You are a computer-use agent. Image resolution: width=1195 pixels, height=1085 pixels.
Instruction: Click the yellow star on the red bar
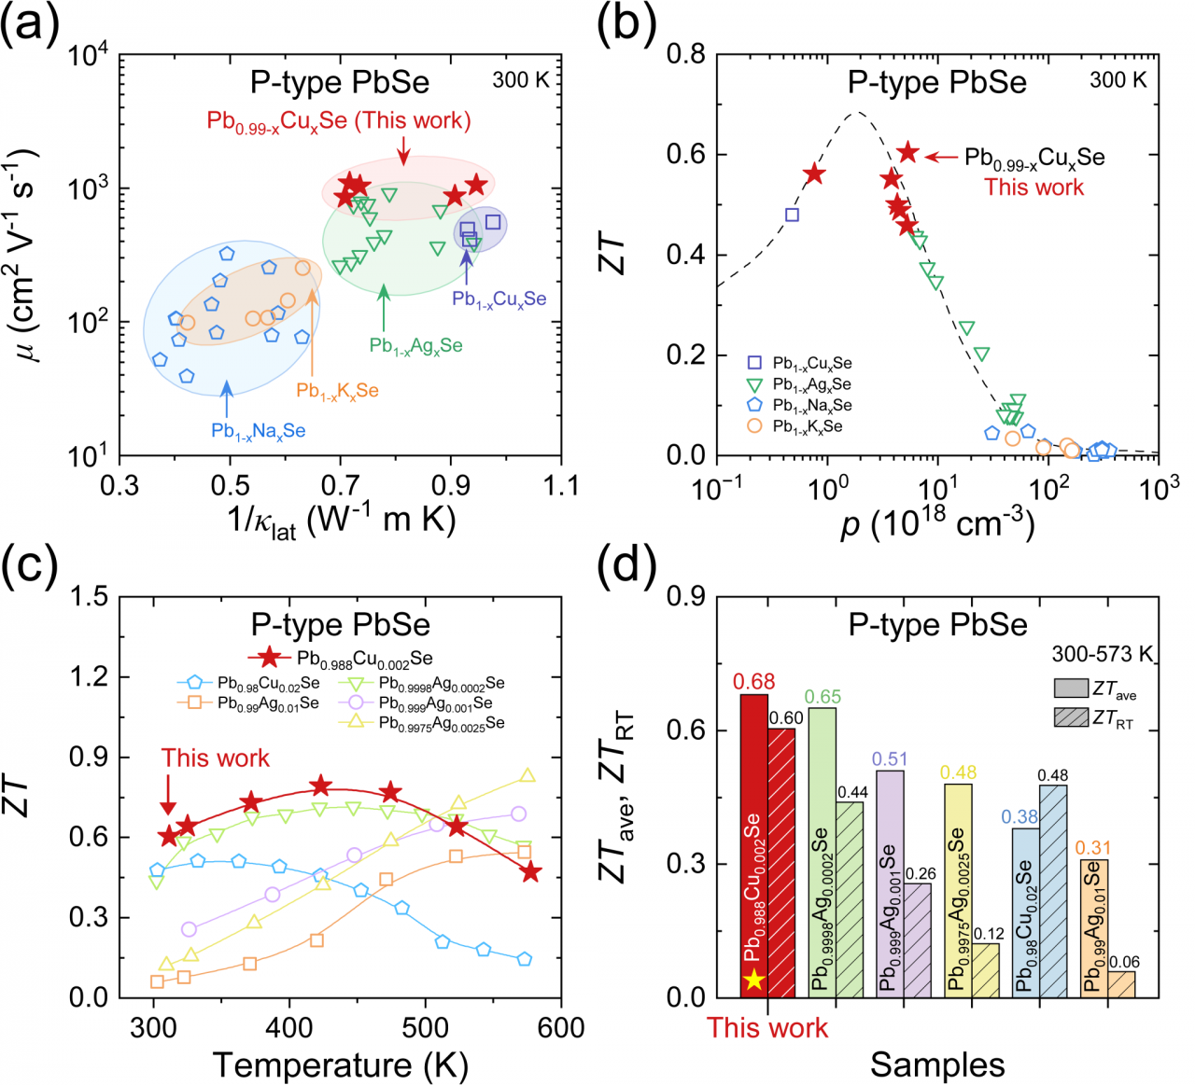(x=754, y=980)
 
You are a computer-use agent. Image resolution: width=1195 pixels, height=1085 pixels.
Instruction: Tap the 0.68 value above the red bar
(x=753, y=683)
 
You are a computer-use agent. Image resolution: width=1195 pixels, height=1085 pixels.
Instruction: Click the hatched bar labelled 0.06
(x=1121, y=984)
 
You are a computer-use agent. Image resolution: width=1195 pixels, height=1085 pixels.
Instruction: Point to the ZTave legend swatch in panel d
(x=1071, y=689)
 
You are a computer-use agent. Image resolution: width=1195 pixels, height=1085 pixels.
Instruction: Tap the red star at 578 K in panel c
(x=531, y=872)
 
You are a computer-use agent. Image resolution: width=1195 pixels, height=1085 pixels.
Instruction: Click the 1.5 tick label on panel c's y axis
(x=91, y=596)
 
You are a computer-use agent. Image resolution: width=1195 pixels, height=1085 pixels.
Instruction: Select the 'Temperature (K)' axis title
(x=340, y=1064)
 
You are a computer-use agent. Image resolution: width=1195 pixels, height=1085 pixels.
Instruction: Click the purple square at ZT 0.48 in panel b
(x=792, y=215)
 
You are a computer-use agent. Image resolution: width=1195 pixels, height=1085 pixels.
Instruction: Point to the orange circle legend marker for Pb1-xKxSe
(x=754, y=426)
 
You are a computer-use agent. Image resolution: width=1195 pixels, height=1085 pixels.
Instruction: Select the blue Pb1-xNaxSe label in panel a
(x=258, y=431)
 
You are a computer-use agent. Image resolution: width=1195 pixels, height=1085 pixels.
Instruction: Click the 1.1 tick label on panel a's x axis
(x=560, y=485)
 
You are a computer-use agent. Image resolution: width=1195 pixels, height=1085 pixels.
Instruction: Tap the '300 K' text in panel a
(x=521, y=80)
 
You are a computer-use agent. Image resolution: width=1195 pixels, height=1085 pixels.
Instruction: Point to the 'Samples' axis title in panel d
(x=937, y=1064)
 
